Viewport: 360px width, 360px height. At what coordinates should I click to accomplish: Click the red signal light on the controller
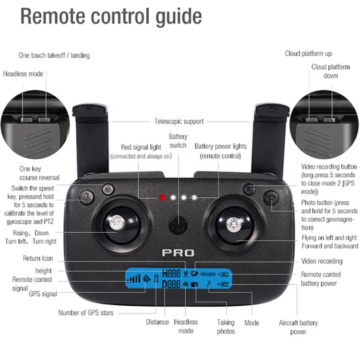point(162,197)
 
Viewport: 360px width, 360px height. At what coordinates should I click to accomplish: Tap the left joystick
point(116,223)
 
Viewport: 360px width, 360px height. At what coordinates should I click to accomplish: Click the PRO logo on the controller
point(178,253)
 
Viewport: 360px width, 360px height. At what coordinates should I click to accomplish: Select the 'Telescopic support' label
point(179,121)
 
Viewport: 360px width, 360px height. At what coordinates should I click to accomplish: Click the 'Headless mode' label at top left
point(23,74)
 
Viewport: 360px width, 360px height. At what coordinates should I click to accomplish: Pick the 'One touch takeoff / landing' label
point(54,55)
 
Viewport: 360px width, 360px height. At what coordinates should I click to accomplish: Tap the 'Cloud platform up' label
point(308,53)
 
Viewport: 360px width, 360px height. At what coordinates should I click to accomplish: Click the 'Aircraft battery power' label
point(298,327)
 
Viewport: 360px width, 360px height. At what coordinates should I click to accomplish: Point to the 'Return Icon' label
point(38,258)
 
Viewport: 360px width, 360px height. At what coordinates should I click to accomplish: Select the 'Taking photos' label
point(226,326)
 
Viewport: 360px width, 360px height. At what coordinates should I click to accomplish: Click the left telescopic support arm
point(90,139)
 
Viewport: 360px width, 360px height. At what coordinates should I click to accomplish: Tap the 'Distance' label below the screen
point(157,322)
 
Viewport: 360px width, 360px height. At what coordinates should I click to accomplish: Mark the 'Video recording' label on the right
point(322,261)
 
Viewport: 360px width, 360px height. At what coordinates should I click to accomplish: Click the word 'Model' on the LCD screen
point(208,275)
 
